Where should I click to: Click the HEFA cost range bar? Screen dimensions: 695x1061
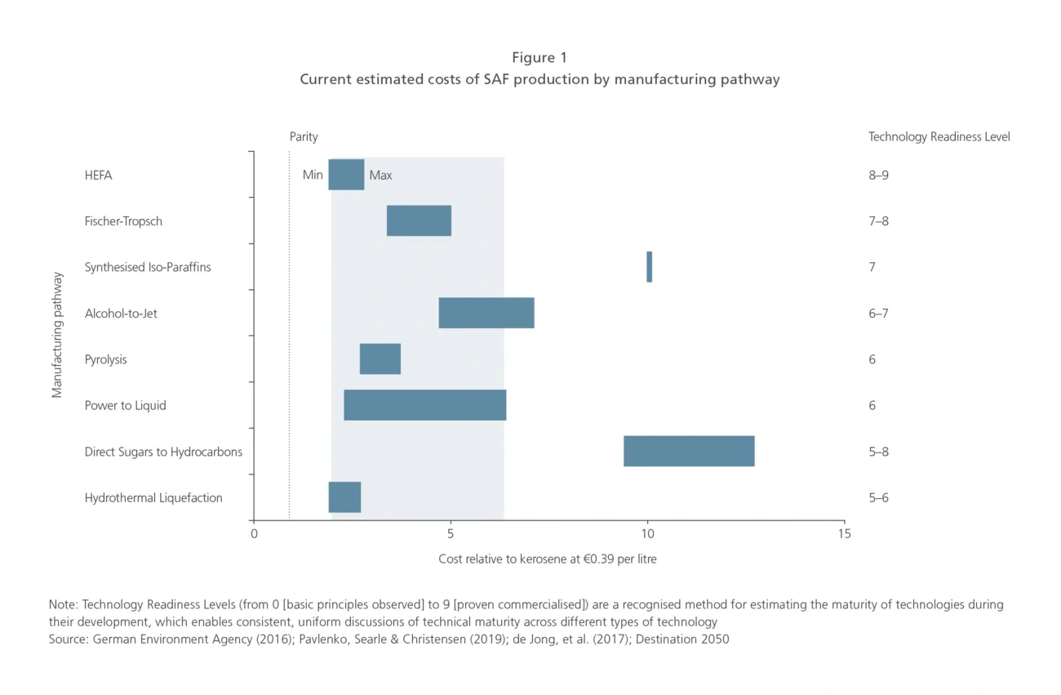pos(346,175)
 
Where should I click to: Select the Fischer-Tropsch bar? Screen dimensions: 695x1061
pos(419,221)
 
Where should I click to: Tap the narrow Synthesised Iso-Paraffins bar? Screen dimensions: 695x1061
pos(649,267)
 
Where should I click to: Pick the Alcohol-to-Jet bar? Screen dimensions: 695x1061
pos(486,313)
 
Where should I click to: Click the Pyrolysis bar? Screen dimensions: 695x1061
pos(380,359)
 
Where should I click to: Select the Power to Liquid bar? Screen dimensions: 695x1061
pos(425,405)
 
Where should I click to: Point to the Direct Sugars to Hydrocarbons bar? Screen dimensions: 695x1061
pos(689,452)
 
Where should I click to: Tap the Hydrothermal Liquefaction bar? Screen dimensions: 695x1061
pos(344,497)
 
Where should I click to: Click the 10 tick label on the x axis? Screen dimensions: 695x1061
pos(647,534)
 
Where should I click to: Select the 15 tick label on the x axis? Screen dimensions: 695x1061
pos(844,534)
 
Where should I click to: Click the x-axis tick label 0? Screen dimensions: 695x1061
pos(254,534)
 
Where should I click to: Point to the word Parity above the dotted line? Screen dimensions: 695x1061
pos(304,137)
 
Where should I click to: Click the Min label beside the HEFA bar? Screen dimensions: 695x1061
pos(313,175)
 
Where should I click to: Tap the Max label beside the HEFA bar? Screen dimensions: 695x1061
pos(380,175)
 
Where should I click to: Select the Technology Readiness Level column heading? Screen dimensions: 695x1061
pos(939,137)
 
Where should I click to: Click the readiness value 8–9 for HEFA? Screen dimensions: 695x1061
pos(878,175)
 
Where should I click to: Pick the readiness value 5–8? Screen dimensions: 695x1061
pos(878,452)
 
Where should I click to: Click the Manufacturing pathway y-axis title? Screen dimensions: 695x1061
pos(57,335)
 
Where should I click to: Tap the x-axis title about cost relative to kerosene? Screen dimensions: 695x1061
pos(547,559)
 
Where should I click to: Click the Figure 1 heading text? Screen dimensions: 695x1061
pos(539,58)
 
